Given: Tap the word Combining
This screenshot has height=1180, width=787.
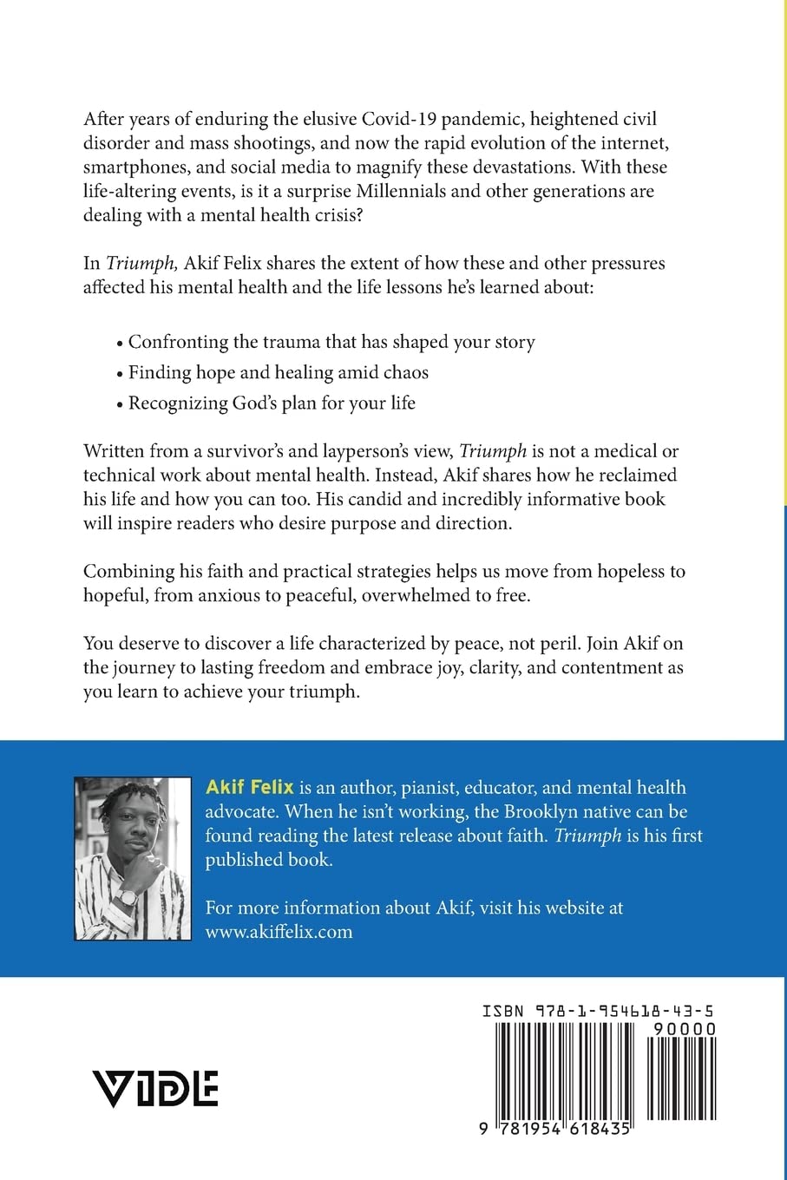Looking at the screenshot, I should [x=128, y=571].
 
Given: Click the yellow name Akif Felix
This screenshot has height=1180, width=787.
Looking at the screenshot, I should [x=249, y=788].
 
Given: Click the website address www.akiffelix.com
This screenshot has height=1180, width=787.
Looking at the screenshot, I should [x=279, y=932].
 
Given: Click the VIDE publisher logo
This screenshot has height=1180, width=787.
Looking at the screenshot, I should [x=155, y=1087].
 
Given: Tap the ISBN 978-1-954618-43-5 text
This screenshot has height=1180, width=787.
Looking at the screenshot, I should [x=599, y=1012].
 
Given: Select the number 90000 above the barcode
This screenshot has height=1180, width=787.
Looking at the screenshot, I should [x=685, y=1030].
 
